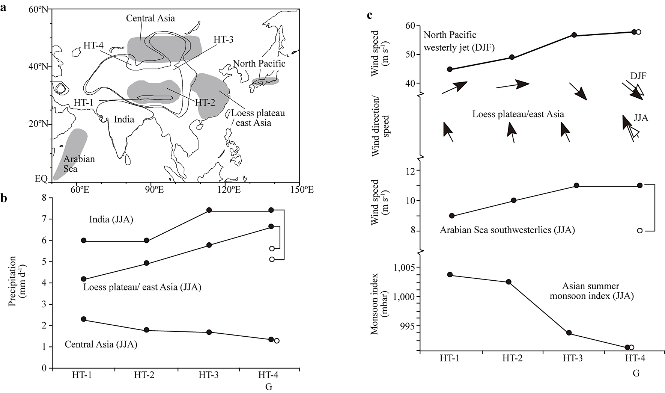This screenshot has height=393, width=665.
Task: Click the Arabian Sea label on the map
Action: coord(79,164)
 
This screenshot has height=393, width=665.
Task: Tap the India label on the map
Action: coord(124,119)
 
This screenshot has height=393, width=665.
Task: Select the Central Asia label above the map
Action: coord(150,18)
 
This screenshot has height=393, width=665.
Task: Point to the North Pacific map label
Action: coord(259,63)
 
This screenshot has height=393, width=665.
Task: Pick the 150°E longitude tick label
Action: coord(299,190)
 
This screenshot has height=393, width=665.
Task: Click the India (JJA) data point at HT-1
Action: coord(84,240)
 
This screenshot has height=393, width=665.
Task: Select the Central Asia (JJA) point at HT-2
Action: coord(146,330)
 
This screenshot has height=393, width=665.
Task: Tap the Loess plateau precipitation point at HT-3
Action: coord(209,245)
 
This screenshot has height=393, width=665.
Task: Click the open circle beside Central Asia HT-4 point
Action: coord(277,341)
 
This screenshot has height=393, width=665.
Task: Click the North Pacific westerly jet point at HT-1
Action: coord(450,69)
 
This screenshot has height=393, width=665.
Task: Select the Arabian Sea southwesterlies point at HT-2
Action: coord(513,200)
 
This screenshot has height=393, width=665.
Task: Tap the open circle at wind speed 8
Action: coord(639,231)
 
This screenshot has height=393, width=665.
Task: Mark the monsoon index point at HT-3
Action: coord(569,333)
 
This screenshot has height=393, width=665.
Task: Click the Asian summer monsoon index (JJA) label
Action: coord(592,291)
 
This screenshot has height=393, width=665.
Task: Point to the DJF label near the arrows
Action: coord(638,76)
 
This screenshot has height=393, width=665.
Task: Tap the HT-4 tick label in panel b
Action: coord(268,375)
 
